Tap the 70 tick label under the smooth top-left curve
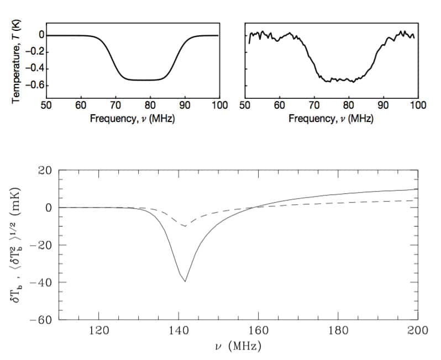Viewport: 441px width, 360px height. click(116, 105)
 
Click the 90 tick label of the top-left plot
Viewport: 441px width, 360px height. click(185, 105)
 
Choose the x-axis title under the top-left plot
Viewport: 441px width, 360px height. click(133, 119)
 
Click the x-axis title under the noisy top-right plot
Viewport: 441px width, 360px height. click(331, 119)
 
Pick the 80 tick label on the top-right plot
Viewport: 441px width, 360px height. click(349, 105)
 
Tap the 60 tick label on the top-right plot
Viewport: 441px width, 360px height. click(280, 105)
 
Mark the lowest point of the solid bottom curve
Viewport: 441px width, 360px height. click(185, 282)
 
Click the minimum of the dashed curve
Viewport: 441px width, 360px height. click(185, 226)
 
